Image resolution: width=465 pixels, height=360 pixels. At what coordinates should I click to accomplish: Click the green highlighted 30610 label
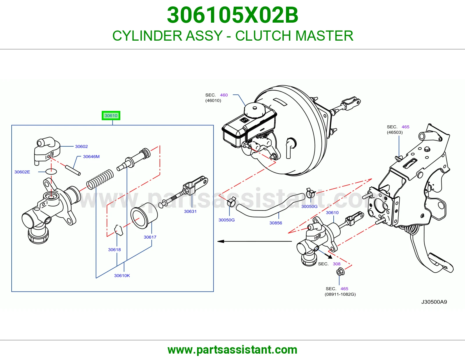click(x=111, y=116)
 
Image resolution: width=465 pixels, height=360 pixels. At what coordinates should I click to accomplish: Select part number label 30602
click(x=81, y=146)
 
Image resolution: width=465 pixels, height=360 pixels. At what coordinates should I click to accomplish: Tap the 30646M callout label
click(x=91, y=156)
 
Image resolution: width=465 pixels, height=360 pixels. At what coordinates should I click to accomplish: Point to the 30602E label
click(x=22, y=172)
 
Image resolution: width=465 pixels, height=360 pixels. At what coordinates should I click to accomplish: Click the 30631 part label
click(x=190, y=211)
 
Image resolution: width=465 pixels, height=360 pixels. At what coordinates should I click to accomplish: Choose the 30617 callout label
click(x=150, y=237)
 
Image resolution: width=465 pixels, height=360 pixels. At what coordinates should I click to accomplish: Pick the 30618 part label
click(x=114, y=250)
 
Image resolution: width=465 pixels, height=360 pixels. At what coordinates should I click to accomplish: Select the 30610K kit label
click(x=122, y=276)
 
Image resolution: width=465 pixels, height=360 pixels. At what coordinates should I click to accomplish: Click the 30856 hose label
click(x=276, y=223)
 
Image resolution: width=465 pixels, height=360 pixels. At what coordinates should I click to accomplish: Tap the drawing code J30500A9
click(x=434, y=302)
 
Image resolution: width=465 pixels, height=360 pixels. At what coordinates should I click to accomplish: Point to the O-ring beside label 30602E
click(x=51, y=171)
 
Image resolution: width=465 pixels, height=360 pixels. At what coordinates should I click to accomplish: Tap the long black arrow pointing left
click(x=254, y=241)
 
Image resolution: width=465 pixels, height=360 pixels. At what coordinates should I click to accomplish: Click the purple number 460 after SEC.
click(x=224, y=95)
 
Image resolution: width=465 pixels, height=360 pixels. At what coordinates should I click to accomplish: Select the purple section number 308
click(x=337, y=264)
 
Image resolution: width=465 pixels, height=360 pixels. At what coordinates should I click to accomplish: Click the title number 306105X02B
click(x=233, y=15)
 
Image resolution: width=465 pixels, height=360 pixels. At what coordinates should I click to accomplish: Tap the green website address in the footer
click(x=233, y=350)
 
